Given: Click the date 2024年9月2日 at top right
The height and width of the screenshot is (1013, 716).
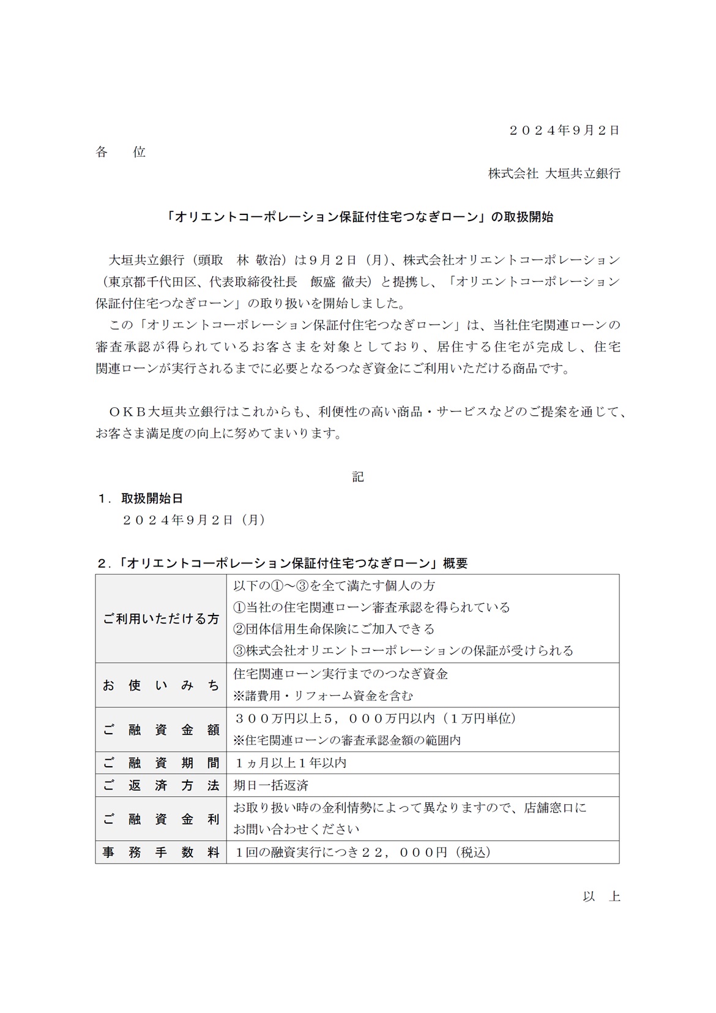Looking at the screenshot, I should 564,130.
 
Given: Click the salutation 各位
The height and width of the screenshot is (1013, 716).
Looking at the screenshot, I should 121,153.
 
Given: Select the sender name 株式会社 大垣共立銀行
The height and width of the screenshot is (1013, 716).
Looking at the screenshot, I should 554,173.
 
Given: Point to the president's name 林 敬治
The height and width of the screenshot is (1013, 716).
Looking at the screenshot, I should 261,260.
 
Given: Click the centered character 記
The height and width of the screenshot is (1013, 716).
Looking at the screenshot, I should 358,476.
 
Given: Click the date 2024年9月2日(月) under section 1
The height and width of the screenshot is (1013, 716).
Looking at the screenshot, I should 193,520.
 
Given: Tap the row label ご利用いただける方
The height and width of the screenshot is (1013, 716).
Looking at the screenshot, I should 161,619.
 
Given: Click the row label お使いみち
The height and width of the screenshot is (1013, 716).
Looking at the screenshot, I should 161,685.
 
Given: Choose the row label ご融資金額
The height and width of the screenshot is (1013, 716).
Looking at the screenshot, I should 161,729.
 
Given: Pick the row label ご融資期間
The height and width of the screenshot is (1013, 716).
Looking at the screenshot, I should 161,763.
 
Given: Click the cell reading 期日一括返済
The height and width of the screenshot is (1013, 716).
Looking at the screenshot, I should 270,785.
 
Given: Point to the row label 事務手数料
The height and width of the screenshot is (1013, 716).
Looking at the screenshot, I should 161,852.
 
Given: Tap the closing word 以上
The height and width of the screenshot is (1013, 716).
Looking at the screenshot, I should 602,897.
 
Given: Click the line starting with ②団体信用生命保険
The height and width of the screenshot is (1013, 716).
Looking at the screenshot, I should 334,629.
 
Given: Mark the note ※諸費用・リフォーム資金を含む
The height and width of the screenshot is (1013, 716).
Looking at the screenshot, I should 323,696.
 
